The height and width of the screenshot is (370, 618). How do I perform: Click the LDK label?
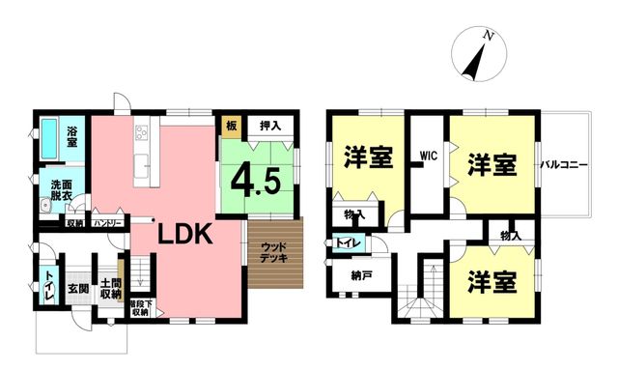185,235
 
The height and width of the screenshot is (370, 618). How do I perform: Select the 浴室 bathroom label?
71,136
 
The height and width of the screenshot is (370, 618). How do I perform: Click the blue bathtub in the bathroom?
49,139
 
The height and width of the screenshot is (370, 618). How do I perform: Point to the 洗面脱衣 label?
61,190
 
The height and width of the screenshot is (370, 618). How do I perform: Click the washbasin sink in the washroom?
45,206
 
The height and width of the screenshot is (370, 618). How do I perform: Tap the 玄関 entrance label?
78,289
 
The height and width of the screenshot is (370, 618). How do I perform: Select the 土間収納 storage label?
111,289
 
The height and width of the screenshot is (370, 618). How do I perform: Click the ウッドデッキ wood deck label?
274,252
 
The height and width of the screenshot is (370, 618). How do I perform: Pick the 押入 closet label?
270,126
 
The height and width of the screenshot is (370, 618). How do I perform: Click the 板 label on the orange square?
232,126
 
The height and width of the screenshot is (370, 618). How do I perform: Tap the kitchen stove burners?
141,132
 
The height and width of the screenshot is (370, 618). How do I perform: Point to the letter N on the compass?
489,37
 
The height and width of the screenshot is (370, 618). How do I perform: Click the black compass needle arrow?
474,63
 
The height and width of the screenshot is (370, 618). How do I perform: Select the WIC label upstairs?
429,156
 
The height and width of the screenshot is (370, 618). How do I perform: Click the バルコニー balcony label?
564,165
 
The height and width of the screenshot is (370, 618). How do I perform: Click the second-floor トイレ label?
348,243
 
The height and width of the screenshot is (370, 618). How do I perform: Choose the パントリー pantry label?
107,224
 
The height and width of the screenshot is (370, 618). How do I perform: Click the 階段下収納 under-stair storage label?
140,308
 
